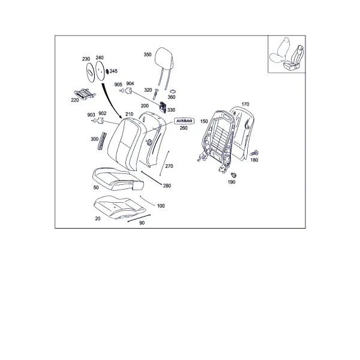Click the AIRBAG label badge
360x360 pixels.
(184, 121)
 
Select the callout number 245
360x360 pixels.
(113, 71)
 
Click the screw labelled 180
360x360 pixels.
(254, 152)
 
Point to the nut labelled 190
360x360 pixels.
(234, 175)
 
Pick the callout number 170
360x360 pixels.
(245, 104)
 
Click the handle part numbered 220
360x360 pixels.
(85, 94)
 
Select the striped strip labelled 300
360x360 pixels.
(102, 141)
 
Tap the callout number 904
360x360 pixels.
(130, 83)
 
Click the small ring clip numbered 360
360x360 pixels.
(173, 92)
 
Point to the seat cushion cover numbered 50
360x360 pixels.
(118, 179)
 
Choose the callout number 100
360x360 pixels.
(161, 206)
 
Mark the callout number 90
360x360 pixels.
(142, 223)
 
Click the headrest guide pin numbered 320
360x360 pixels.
(155, 94)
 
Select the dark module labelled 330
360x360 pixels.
(163, 107)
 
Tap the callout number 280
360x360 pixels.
(167, 185)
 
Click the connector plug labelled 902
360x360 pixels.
(100, 121)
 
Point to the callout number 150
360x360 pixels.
(204, 121)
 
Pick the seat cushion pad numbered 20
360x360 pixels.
(119, 208)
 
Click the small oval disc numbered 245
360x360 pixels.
(107, 72)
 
